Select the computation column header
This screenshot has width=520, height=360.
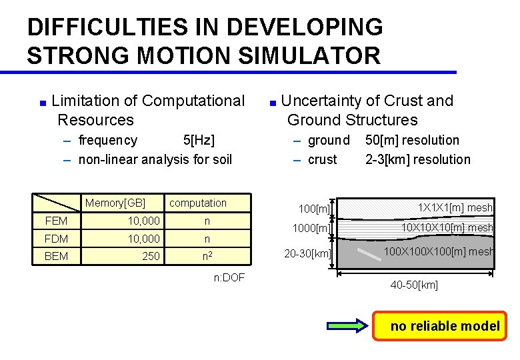(x=198, y=203)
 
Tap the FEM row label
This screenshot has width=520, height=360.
(x=56, y=221)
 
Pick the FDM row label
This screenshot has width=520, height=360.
(x=56, y=239)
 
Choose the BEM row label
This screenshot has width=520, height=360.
(x=56, y=255)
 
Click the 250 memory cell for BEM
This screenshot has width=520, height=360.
(x=151, y=255)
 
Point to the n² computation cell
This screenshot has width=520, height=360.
(x=207, y=255)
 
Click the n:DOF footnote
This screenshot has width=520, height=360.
(x=229, y=277)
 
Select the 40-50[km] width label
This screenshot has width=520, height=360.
(x=414, y=285)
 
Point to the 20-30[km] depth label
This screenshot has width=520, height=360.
(x=307, y=253)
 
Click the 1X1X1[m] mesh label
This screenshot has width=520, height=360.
(x=455, y=207)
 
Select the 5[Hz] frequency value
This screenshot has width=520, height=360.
(x=199, y=140)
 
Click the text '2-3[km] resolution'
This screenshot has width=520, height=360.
(x=418, y=159)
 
